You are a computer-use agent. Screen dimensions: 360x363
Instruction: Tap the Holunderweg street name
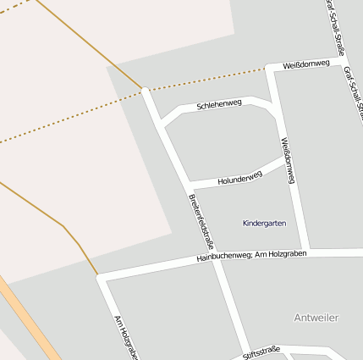(x=240, y=178)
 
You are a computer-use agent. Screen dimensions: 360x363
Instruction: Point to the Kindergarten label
(x=264, y=224)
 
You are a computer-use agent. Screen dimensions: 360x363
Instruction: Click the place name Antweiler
(x=316, y=318)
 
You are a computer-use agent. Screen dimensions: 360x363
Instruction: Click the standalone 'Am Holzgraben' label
(x=124, y=336)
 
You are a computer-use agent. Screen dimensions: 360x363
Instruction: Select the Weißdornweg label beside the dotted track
(x=306, y=64)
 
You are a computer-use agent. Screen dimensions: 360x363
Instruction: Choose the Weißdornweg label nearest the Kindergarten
(x=288, y=160)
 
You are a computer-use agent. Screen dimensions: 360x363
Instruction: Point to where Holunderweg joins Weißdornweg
(x=285, y=157)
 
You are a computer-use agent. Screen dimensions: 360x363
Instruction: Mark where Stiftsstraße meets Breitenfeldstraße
(x=237, y=357)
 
